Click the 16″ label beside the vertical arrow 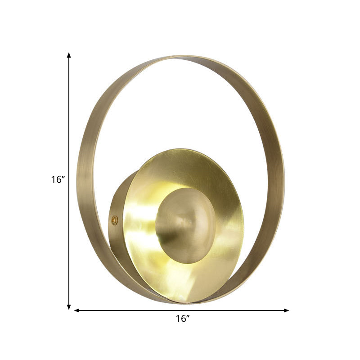(58, 180)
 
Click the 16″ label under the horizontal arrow (182, 319)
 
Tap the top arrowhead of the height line (69, 55)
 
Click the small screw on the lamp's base (114, 220)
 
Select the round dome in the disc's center (185, 225)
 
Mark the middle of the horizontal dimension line (181, 310)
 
